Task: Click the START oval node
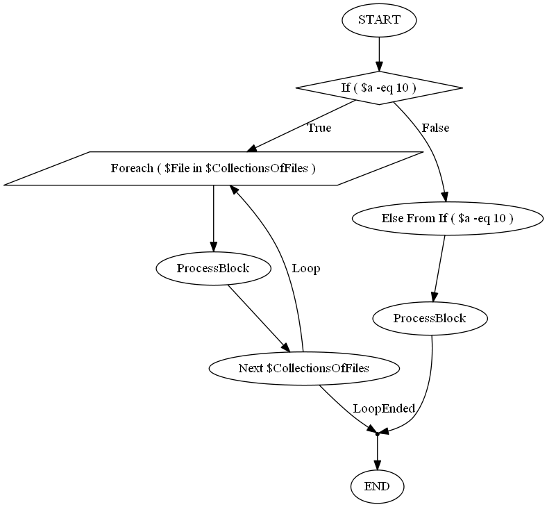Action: pyautogui.click(x=379, y=19)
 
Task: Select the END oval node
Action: pyautogui.click(x=377, y=486)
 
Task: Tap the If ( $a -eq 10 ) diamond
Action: pyautogui.click(x=379, y=88)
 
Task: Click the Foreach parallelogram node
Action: pyautogui.click(x=213, y=168)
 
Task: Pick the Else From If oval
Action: pyautogui.click(x=447, y=218)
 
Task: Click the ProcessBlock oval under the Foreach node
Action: pyautogui.click(x=213, y=267)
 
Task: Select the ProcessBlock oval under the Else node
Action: pyautogui.click(x=429, y=319)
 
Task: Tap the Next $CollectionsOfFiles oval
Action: pyautogui.click(x=303, y=368)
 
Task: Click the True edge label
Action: pyautogui.click(x=319, y=128)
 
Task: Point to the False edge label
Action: pyautogui.click(x=435, y=128)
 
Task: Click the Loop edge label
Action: pyautogui.click(x=306, y=268)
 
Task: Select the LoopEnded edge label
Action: pyautogui.click(x=383, y=408)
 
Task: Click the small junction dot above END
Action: pyautogui.click(x=377, y=434)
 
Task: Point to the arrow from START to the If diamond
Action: pyautogui.click(x=379, y=53)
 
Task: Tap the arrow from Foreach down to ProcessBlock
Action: pyautogui.click(x=213, y=218)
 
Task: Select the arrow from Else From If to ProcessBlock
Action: pyautogui.click(x=439, y=268)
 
